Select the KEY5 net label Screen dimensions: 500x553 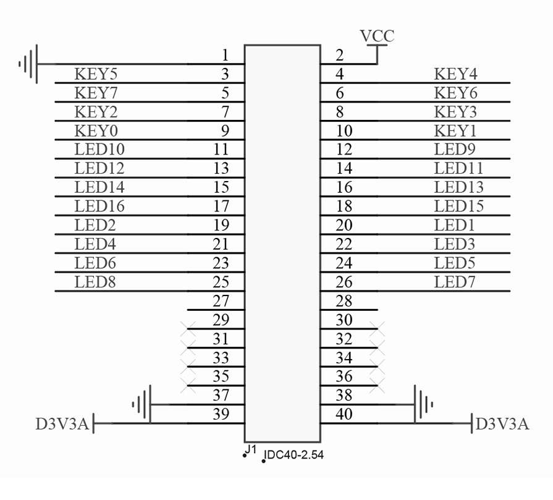(96, 75)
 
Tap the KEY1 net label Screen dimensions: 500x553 (456, 130)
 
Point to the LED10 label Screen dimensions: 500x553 (99, 150)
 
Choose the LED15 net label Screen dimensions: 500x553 (459, 206)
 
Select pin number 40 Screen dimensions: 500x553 (344, 414)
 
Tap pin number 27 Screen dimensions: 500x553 (221, 301)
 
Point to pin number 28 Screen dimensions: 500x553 (344, 301)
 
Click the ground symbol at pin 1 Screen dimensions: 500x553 (29, 63)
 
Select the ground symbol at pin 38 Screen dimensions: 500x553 (423, 405)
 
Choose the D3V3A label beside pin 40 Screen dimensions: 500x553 (502, 425)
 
